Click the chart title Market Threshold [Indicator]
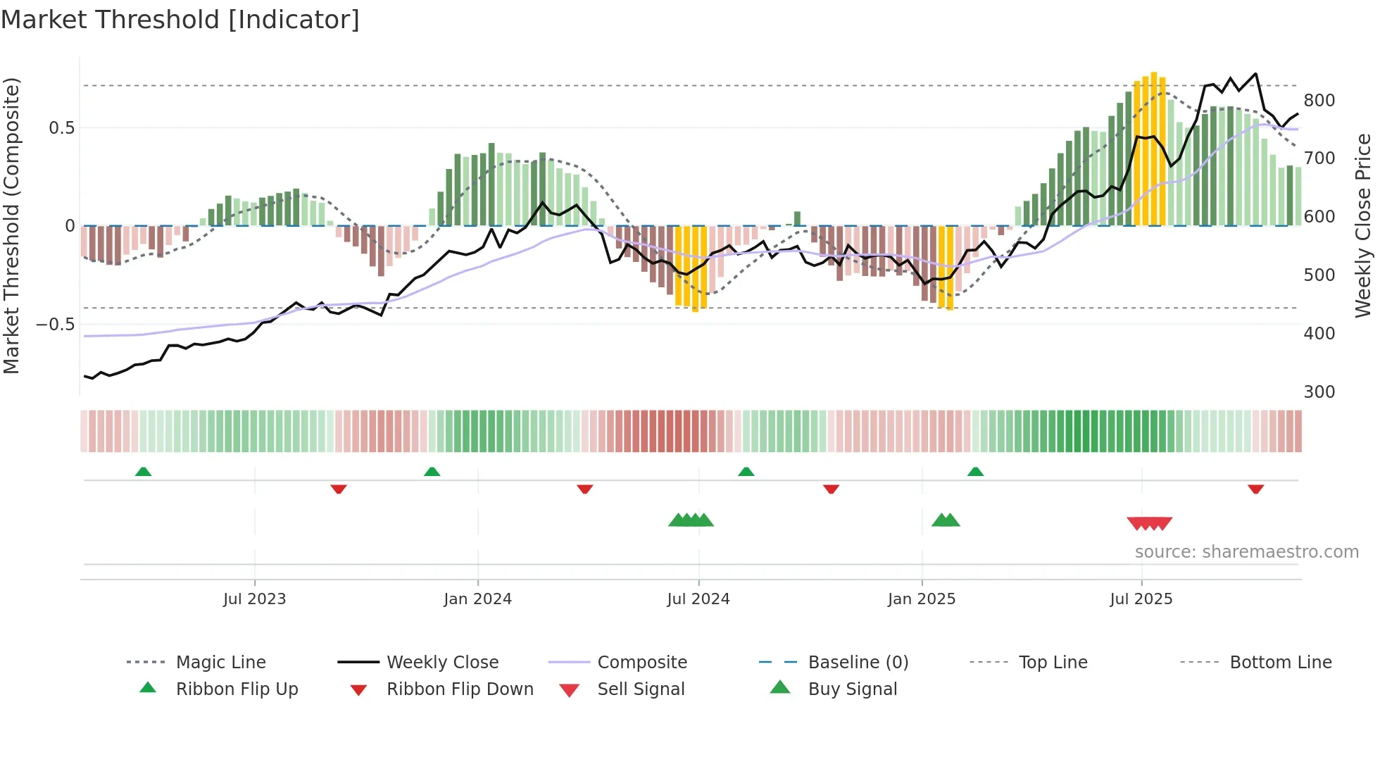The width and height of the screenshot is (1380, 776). click(180, 20)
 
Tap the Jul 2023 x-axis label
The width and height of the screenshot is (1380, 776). click(254, 599)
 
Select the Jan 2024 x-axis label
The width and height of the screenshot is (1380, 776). click(477, 599)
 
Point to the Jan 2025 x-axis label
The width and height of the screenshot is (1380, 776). click(921, 599)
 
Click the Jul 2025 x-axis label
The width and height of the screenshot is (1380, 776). click(1141, 599)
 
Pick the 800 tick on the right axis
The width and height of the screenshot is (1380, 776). click(1319, 101)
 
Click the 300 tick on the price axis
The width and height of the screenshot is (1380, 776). click(1319, 392)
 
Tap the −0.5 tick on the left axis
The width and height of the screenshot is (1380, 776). click(56, 325)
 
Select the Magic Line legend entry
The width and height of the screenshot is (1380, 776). click(220, 663)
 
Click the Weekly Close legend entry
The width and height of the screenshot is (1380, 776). click(442, 663)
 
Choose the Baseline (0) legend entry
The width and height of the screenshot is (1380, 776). click(858, 663)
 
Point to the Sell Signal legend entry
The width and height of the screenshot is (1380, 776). click(640, 689)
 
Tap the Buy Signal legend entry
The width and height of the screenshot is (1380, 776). click(852, 689)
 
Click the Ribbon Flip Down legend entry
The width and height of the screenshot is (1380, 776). click(460, 689)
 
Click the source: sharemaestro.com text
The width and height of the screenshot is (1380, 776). click(1246, 552)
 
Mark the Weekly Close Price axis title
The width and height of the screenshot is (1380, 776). click(1363, 225)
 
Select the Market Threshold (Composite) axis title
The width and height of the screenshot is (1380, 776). click(11, 225)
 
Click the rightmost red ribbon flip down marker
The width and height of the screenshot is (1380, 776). click(1255, 489)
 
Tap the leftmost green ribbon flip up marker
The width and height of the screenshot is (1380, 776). click(143, 471)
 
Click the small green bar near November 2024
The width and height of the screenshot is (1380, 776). click(797, 218)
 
